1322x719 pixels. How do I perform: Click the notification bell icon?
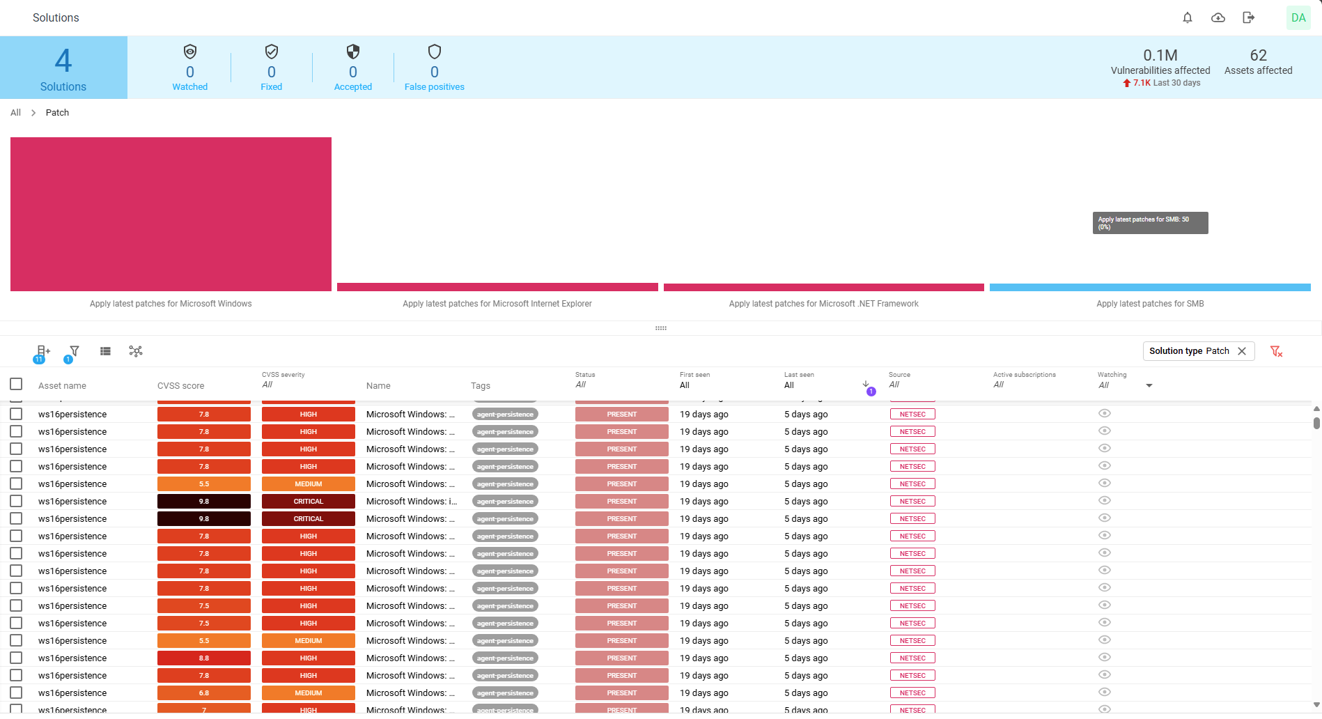click(x=1188, y=18)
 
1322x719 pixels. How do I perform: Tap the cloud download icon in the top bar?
click(x=1218, y=18)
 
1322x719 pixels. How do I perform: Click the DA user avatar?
click(x=1298, y=18)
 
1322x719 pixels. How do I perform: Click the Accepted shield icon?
click(x=353, y=52)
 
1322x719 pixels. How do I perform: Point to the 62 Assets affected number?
click(x=1258, y=56)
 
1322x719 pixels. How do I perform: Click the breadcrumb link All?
click(x=15, y=113)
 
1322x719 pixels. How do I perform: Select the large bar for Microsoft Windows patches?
click(x=171, y=214)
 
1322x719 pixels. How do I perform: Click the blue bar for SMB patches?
click(x=1150, y=287)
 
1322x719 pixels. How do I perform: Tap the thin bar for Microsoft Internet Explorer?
click(x=497, y=287)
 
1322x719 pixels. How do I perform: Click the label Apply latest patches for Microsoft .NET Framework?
click(x=823, y=304)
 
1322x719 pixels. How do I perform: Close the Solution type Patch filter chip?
click(x=1242, y=351)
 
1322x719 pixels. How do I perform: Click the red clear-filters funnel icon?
click(x=1276, y=351)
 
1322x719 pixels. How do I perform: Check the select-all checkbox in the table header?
click(x=16, y=385)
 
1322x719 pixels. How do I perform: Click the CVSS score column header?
click(x=181, y=386)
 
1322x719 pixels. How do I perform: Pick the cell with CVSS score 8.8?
click(x=204, y=658)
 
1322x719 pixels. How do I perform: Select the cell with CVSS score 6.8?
click(x=204, y=693)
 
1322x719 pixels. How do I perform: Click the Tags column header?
click(x=481, y=386)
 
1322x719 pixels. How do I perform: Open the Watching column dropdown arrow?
click(x=1149, y=385)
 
